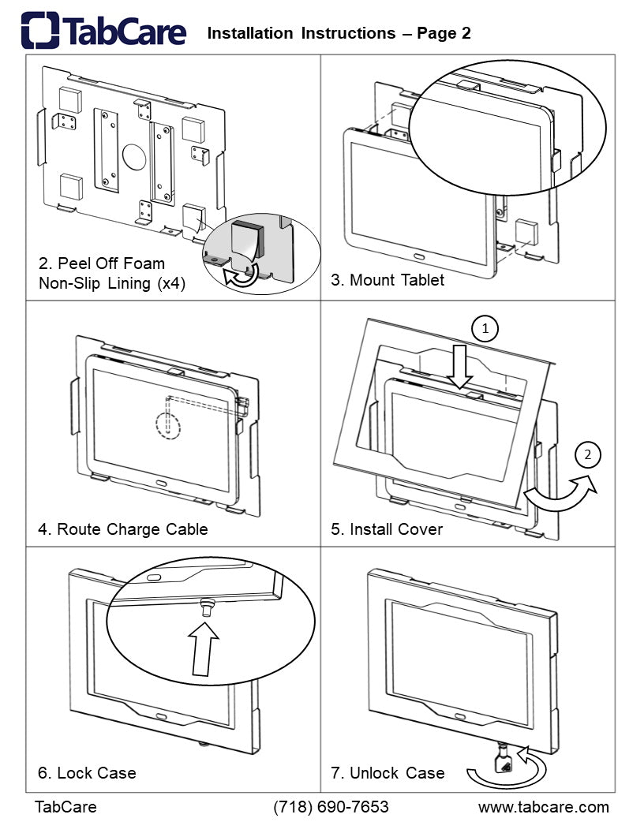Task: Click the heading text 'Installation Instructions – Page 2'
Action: coord(339,33)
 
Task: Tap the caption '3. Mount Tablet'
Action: coord(388,280)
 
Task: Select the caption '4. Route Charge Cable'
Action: coord(123,529)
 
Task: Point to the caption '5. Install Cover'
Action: coord(387,529)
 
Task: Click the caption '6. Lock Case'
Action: coord(87,772)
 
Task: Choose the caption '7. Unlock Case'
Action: coord(388,772)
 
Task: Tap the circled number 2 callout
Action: coord(587,454)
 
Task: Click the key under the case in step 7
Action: coord(503,762)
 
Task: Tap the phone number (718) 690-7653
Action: coord(331,807)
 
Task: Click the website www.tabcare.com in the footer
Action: coord(544,807)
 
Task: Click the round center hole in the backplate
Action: coord(134,152)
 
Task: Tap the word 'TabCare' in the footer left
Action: coord(66,807)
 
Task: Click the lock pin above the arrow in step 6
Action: coord(208,607)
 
